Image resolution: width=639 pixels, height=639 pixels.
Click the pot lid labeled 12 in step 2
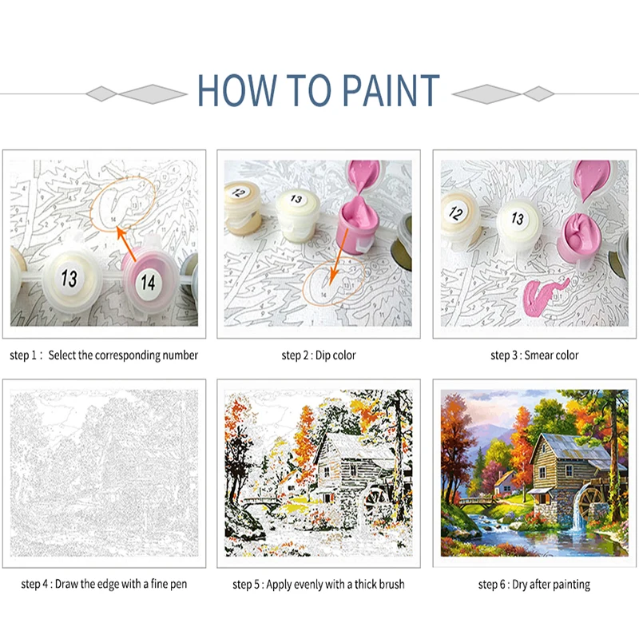(x=240, y=192)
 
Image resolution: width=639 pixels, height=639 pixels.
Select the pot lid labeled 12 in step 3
(x=456, y=212)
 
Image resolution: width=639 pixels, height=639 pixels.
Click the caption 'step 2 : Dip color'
(x=318, y=355)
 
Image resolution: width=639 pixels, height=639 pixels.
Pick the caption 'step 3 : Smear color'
(x=534, y=355)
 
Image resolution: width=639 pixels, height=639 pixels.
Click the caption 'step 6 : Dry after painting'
(x=534, y=585)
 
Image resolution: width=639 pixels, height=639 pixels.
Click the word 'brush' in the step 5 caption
(x=390, y=585)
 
